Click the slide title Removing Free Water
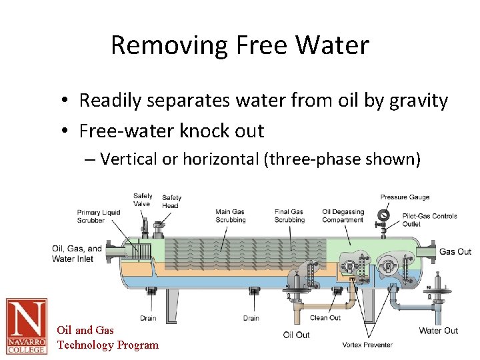click(239, 45)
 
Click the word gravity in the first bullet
click(419, 101)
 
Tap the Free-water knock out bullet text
click(171, 131)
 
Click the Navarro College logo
click(27, 326)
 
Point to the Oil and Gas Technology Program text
click(107, 337)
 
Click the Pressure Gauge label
click(405, 197)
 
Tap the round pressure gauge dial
click(383, 215)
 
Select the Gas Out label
click(455, 251)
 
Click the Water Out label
click(438, 331)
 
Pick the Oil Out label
click(297, 335)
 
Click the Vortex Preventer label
click(367, 345)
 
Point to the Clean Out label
click(326, 318)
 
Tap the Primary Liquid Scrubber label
click(99, 216)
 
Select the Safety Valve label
click(142, 200)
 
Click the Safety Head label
click(171, 201)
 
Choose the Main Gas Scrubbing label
click(230, 216)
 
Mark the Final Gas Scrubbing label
click(289, 216)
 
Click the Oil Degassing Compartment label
click(343, 216)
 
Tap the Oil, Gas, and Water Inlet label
click(77, 253)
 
